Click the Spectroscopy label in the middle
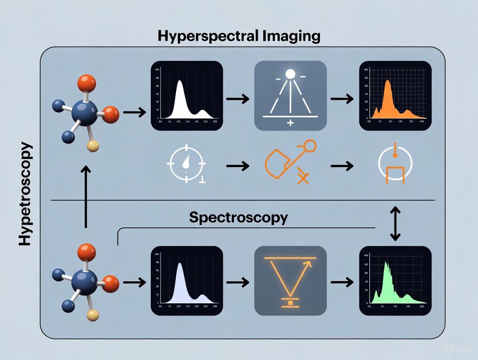tap(238, 217)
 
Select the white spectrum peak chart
tap(187, 96)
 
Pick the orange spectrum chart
tap(396, 96)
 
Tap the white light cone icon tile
tap(291, 96)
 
